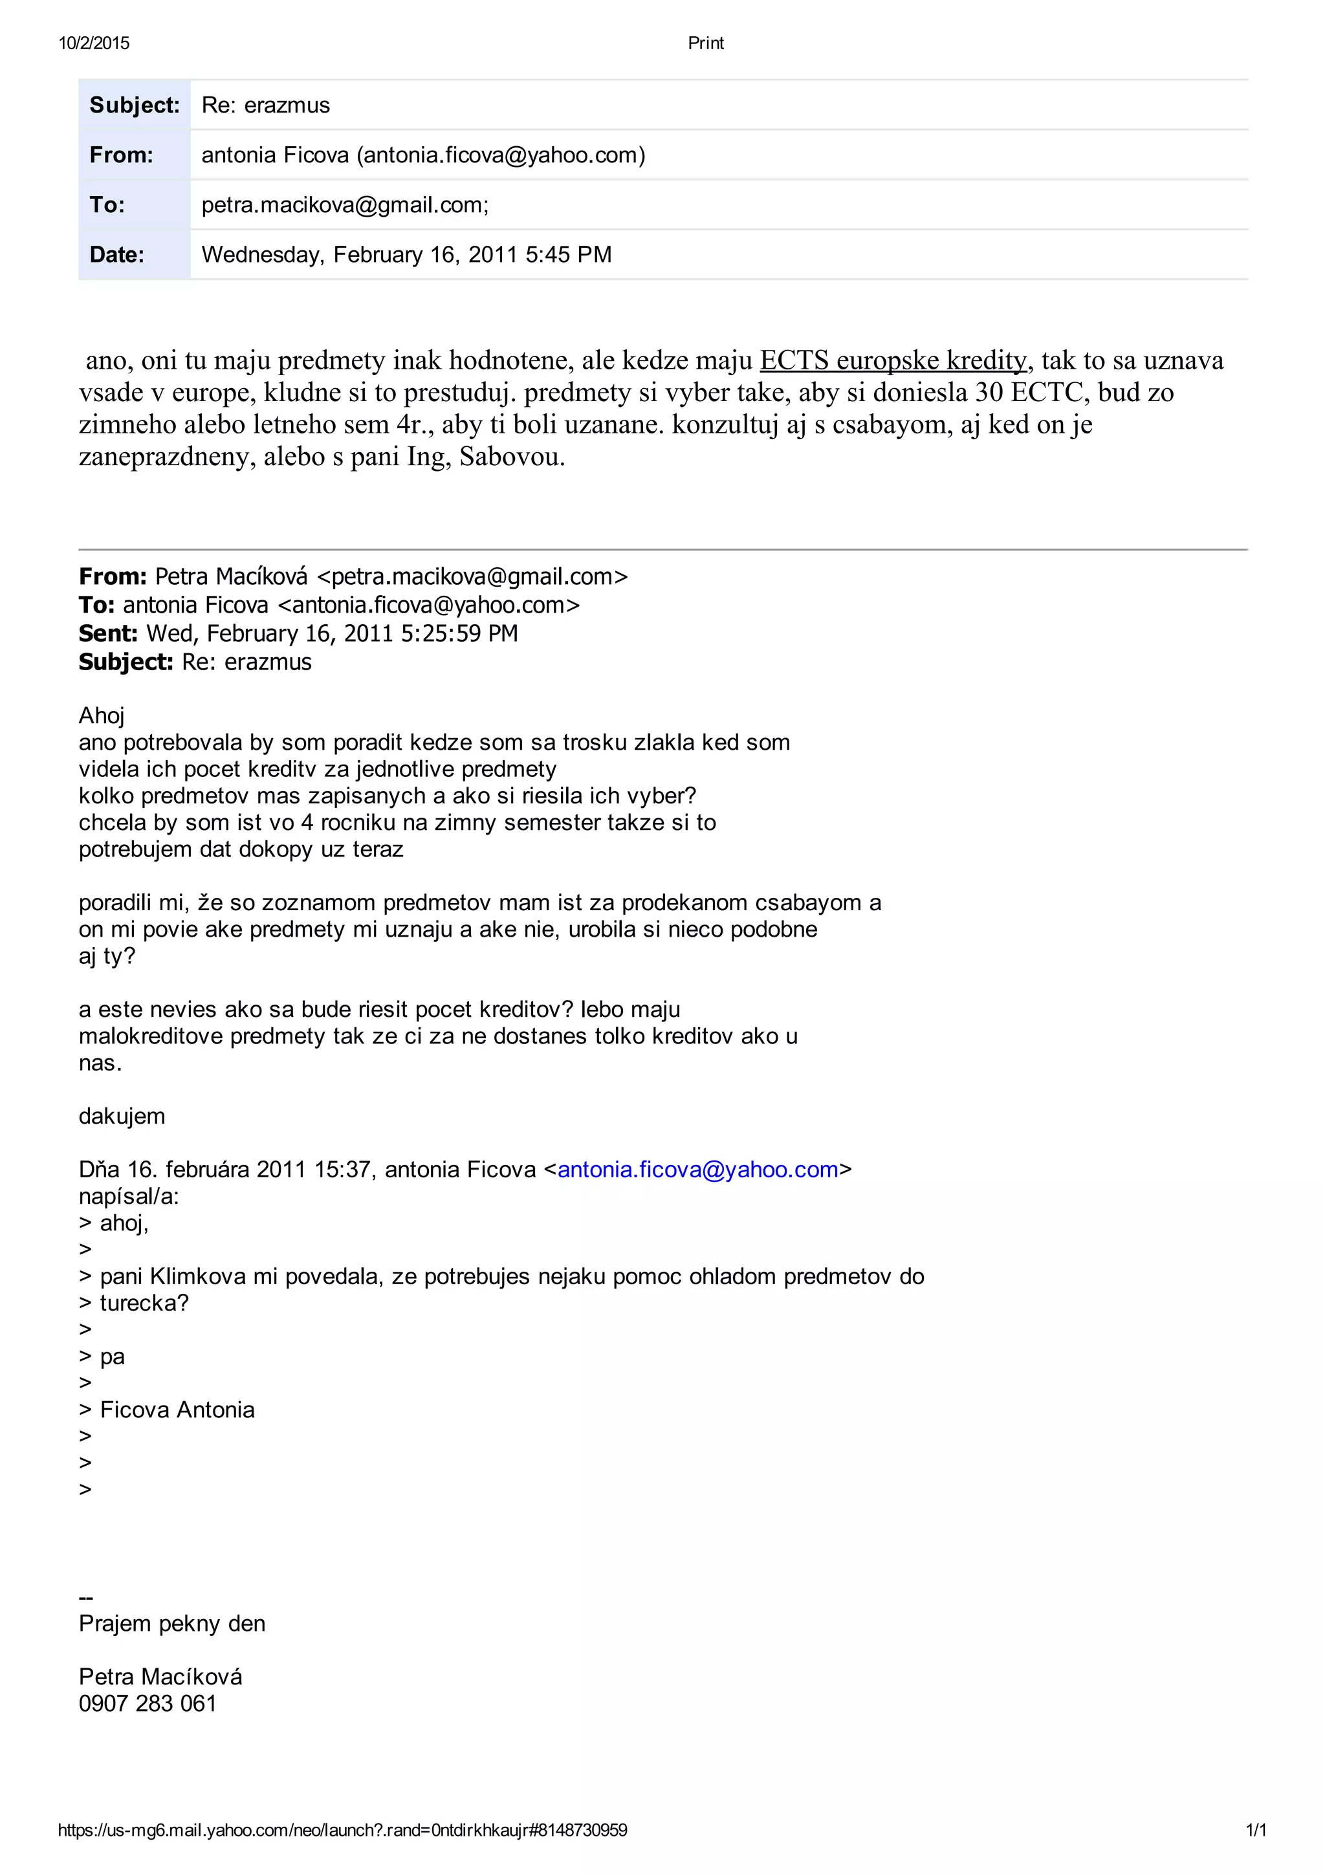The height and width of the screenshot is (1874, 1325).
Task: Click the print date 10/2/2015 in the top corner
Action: coord(94,43)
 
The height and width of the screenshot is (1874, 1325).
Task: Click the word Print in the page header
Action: coord(705,43)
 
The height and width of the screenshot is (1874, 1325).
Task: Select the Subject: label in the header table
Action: coord(134,105)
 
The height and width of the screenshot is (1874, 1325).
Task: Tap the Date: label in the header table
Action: coord(116,255)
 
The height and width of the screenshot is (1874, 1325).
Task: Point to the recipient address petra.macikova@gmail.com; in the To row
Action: coord(345,205)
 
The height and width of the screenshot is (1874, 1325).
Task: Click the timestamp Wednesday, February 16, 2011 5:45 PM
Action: coord(406,255)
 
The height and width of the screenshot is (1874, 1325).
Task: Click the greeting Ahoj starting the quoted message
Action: coord(101,716)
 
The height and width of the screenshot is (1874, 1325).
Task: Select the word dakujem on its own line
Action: coord(122,1117)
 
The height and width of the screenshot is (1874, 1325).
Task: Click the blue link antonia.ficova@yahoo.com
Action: coord(698,1170)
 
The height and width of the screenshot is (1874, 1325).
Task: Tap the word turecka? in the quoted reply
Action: coord(144,1303)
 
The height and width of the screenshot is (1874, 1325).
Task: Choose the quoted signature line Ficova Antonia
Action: coord(177,1410)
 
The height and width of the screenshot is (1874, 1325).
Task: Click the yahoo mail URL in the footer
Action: coord(342,1831)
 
